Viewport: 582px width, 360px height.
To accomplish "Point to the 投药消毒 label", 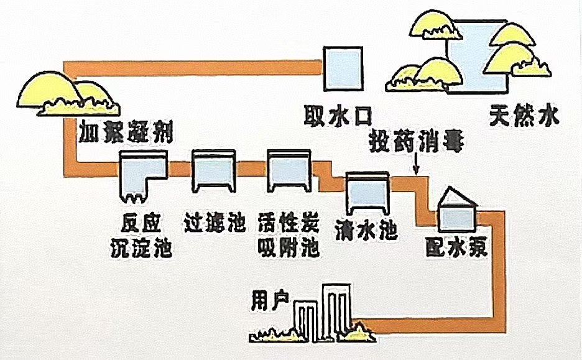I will coord(415,139).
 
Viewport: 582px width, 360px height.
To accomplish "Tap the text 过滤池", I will coord(215,223).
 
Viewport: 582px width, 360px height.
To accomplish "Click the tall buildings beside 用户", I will coord(323,311).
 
